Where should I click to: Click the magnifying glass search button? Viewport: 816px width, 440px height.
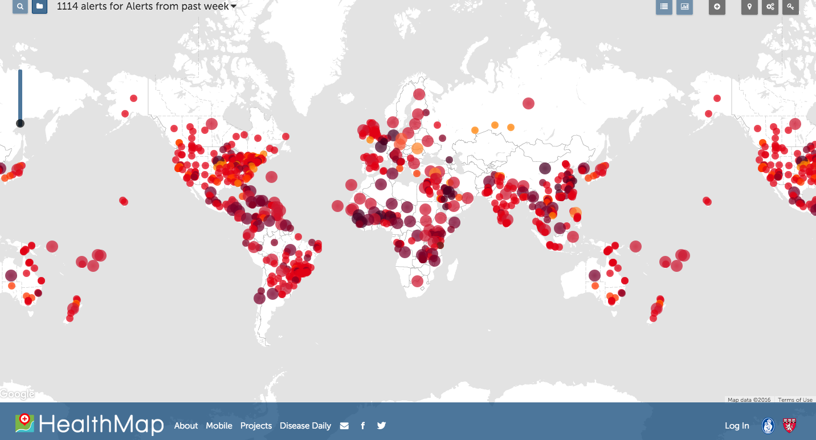coord(20,7)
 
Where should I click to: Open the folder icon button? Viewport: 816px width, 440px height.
coord(39,7)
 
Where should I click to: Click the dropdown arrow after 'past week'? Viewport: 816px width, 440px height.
coord(234,7)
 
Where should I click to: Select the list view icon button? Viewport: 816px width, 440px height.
coord(664,7)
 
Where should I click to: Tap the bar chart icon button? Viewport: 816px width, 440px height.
coord(684,7)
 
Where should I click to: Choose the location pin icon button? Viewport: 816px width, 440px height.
coord(749,7)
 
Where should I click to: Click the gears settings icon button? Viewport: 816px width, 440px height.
coord(770,7)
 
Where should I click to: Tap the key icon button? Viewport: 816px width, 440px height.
coord(790,7)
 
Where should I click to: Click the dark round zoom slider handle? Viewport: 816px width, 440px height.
coord(20,123)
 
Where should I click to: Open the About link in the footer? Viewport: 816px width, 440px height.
coord(186,426)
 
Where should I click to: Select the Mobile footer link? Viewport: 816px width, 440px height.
coord(219,426)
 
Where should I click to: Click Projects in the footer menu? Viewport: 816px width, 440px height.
coord(256,426)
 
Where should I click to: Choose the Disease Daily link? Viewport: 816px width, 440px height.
coord(305,426)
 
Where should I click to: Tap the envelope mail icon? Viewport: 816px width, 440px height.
coord(344,426)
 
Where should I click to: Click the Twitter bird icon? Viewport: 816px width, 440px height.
coord(381,426)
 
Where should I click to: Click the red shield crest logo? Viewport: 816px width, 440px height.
coord(789,425)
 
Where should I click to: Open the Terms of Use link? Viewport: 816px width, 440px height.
coord(795,400)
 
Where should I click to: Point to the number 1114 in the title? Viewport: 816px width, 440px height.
coord(68,7)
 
